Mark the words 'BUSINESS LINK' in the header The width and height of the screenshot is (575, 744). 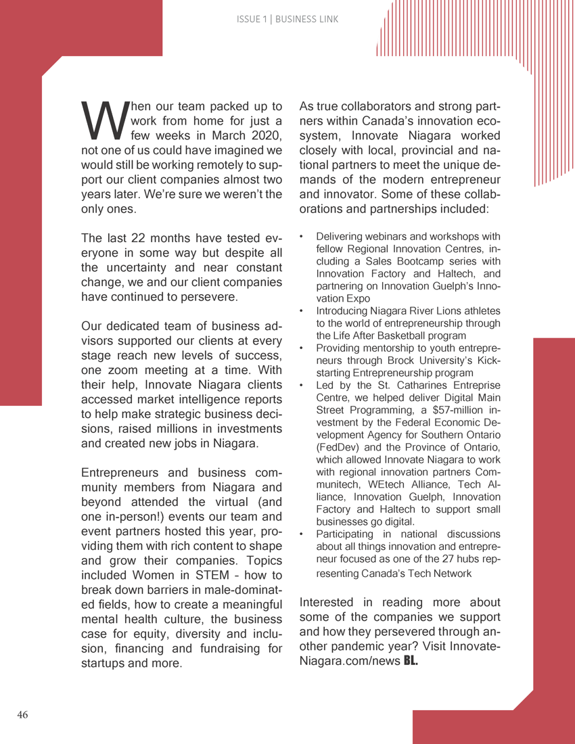point(306,20)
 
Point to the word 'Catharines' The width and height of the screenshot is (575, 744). point(401,386)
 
